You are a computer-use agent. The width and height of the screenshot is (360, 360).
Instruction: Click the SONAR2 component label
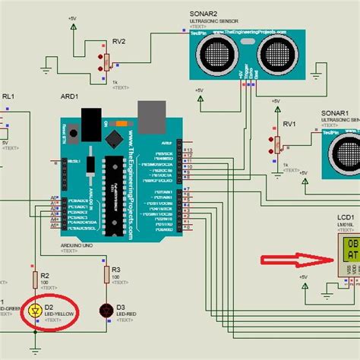coord(202,14)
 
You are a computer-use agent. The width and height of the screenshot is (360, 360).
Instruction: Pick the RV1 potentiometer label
coord(289,123)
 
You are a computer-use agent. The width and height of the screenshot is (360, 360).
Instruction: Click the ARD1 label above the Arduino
coord(71,99)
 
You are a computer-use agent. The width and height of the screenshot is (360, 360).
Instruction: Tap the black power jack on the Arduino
coord(91,122)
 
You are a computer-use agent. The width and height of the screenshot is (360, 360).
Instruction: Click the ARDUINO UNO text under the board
coord(77,245)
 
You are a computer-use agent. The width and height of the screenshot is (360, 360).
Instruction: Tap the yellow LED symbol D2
coord(34,310)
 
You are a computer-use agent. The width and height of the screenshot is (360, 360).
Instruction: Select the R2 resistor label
coord(45,276)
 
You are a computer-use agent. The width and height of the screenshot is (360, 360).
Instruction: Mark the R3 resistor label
coord(116,270)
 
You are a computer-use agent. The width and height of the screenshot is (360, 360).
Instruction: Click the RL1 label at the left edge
coord(8,97)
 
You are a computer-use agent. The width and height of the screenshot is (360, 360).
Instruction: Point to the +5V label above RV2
coord(71,17)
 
